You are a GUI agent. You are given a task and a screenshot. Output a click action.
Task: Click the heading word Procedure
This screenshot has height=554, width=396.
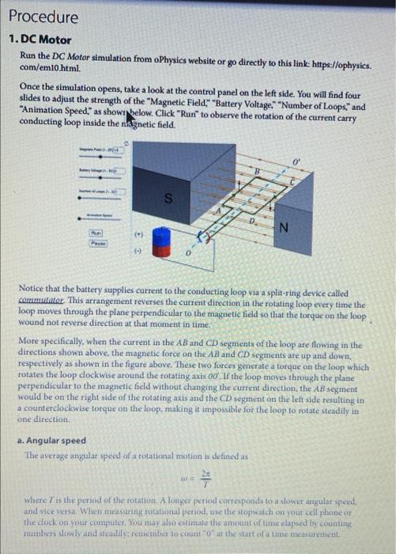tap(44, 17)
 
